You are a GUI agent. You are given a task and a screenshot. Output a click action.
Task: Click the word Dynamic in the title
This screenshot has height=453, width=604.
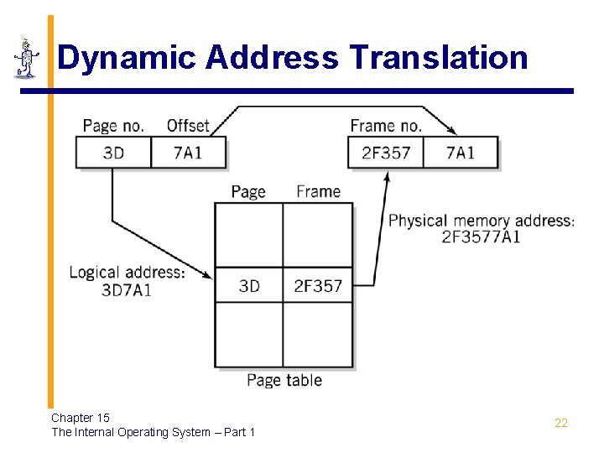127,58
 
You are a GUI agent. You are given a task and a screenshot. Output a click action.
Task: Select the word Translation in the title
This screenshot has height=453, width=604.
439,58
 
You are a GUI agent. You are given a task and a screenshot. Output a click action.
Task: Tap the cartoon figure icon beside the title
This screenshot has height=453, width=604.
27,58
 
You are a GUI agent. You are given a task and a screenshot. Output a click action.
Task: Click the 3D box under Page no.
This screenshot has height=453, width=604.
113,153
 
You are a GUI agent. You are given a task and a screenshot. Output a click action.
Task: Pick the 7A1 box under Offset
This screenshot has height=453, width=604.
188,153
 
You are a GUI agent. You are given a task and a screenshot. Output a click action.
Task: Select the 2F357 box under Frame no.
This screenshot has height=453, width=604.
385,153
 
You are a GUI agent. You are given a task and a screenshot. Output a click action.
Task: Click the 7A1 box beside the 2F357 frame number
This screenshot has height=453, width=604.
460,153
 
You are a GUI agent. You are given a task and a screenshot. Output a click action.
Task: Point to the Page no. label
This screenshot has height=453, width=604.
113,126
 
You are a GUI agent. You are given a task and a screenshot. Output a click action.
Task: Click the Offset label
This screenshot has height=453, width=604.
188,126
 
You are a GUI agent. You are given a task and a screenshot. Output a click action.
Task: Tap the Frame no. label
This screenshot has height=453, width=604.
386,126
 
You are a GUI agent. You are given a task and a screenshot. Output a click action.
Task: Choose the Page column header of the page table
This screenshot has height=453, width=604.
248,191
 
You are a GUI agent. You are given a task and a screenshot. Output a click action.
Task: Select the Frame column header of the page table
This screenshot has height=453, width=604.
318,191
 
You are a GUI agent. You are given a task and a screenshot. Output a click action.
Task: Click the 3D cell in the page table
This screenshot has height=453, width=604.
249,286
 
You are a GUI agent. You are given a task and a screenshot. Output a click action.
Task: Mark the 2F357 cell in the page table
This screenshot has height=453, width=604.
318,286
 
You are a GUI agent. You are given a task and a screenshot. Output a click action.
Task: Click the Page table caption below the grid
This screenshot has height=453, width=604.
284,380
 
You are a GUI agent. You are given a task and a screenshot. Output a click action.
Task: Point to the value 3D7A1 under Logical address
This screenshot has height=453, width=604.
127,290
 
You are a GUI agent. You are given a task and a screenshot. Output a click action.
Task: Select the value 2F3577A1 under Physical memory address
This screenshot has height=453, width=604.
481,237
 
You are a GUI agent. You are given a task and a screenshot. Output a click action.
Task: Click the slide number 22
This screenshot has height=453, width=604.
561,423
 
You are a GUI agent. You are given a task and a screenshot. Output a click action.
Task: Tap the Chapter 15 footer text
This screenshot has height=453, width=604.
81,417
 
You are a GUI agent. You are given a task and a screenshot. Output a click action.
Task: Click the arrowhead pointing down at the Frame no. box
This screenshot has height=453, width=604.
452,131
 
